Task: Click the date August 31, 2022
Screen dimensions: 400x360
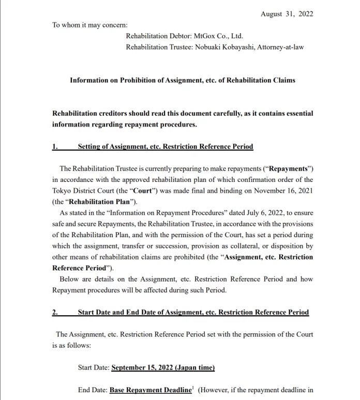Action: point(287,14)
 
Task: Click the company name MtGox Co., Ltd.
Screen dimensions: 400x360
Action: point(218,36)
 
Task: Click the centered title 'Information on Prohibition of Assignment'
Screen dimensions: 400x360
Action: point(182,80)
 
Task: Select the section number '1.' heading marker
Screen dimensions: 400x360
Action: point(55,147)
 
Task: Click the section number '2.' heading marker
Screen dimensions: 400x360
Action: point(55,312)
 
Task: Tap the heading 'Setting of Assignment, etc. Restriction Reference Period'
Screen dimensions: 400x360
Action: point(166,147)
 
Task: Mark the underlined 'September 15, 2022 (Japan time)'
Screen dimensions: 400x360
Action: point(163,367)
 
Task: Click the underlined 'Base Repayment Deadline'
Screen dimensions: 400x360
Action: point(151,390)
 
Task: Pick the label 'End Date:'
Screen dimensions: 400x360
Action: point(92,390)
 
